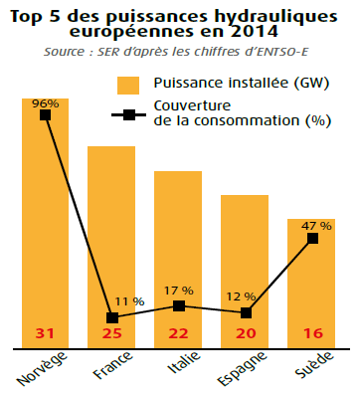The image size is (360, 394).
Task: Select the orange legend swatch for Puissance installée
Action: pos(128,85)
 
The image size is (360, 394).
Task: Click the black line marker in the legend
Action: pos(128,113)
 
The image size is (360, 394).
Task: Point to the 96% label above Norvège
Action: pos(46,102)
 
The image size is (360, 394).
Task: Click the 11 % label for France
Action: pos(129,300)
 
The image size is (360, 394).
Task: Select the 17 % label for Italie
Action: pos(180,291)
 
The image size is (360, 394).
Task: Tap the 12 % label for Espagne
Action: pos(243,297)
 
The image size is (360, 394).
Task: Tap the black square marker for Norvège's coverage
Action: pos(46,115)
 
